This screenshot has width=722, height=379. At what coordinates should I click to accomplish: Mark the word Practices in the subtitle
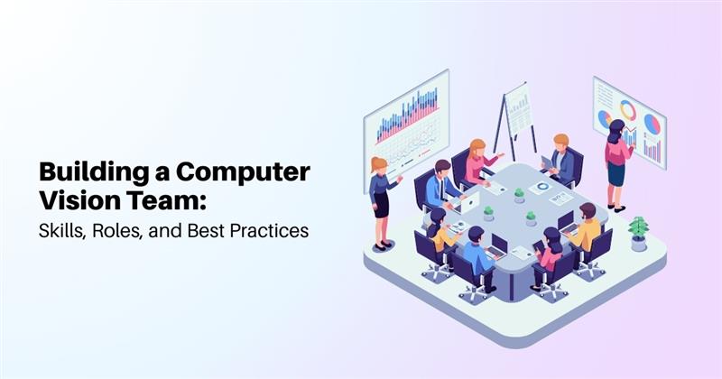click(x=270, y=230)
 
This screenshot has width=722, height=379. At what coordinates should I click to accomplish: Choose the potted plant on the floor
click(x=638, y=233)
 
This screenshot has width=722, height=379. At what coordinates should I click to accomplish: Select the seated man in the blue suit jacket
click(x=444, y=185)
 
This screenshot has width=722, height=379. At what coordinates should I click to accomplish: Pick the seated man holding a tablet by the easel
click(x=561, y=160)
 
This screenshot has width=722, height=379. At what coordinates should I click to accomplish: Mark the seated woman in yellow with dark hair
click(x=439, y=229)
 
